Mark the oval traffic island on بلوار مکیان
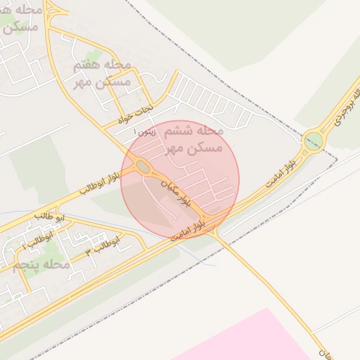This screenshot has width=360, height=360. (143, 167)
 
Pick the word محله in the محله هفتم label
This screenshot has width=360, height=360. (117, 65)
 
